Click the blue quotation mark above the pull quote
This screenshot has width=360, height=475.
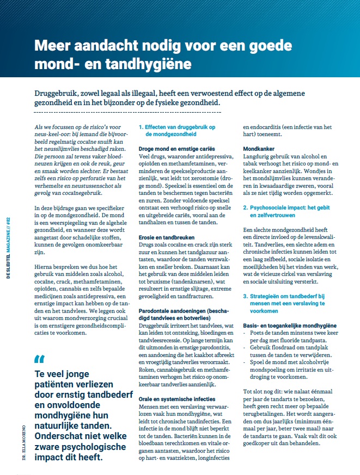coord(39,344)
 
